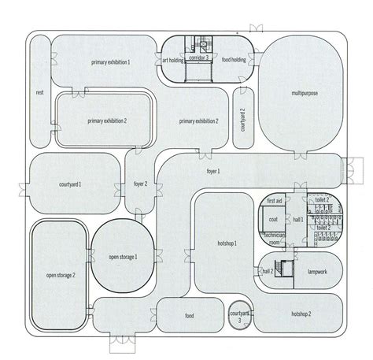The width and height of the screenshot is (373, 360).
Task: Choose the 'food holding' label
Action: coord(234,60)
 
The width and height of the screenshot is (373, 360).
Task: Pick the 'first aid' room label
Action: coord(274,201)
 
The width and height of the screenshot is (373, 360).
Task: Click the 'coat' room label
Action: coord(273,221)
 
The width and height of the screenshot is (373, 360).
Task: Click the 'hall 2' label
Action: coord(267,270)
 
